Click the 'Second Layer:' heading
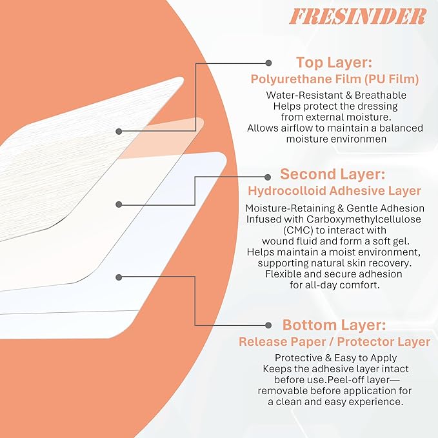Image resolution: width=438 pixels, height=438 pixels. [334, 174]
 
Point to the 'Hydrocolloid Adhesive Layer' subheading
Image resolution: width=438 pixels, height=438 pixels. [334, 191]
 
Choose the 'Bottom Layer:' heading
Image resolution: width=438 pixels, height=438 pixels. [334, 324]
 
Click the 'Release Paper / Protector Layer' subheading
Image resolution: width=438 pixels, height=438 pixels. [334, 341]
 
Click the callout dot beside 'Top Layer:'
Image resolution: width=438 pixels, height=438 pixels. [269, 63]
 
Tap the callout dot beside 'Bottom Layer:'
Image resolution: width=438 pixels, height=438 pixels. [269, 324]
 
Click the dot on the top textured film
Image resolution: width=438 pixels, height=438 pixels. [119, 131]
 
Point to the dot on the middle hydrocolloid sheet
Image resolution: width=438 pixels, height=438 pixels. [119, 204]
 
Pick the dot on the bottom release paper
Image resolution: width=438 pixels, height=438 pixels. [119, 277]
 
